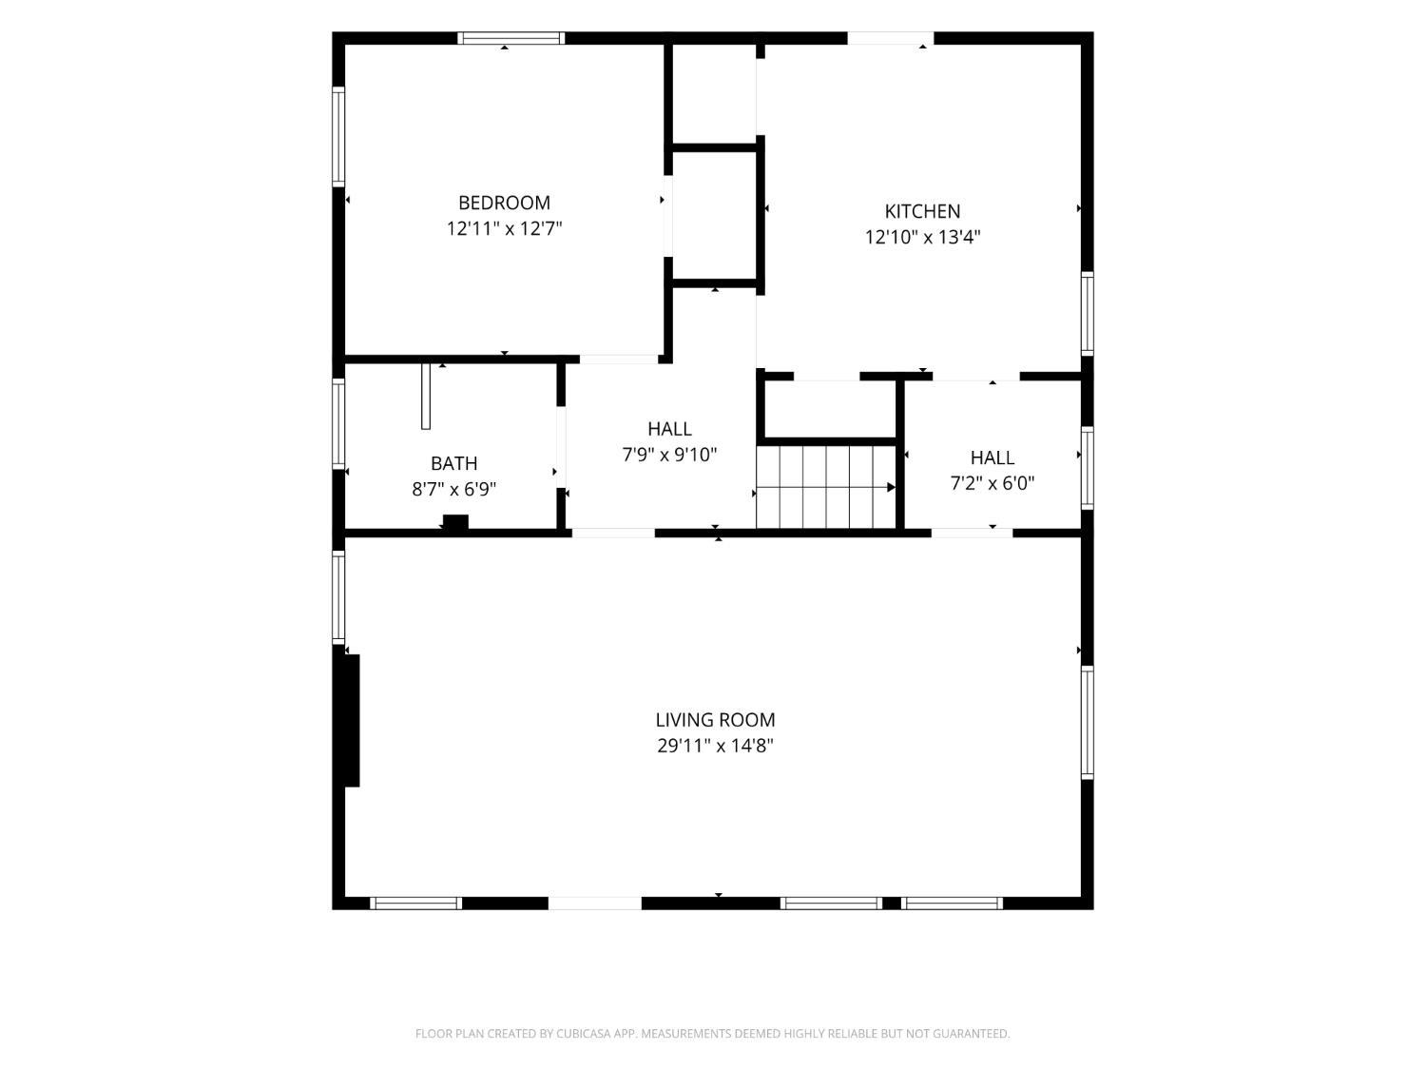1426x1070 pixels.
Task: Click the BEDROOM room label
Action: pyautogui.click(x=504, y=204)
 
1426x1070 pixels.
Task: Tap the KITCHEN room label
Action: pyautogui.click(x=922, y=211)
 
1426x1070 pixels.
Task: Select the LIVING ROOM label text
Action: pyautogui.click(x=715, y=720)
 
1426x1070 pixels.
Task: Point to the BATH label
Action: pyautogui.click(x=453, y=463)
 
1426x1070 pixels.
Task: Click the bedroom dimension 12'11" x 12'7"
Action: pyautogui.click(x=504, y=228)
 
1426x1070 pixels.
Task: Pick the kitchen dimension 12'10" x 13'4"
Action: pyautogui.click(x=922, y=237)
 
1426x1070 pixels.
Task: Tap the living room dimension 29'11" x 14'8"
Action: pyautogui.click(x=715, y=746)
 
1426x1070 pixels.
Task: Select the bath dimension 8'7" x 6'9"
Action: pyautogui.click(x=453, y=489)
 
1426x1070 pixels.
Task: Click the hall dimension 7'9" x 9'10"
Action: pyautogui.click(x=669, y=455)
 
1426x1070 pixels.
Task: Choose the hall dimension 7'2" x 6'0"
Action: pyautogui.click(x=992, y=483)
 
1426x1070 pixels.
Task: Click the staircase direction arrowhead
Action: pyautogui.click(x=892, y=487)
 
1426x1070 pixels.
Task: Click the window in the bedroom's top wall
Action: pyautogui.click(x=511, y=38)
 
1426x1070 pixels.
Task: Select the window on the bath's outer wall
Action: pyautogui.click(x=338, y=423)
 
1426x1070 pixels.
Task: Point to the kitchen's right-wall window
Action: pyautogui.click(x=1087, y=315)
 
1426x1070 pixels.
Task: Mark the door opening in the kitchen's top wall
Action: pyautogui.click(x=891, y=38)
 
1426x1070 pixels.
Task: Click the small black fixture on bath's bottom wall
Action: pyautogui.click(x=455, y=521)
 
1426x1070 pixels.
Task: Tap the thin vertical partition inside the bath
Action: pyautogui.click(x=426, y=397)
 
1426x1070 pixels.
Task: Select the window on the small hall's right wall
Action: pyautogui.click(x=1087, y=468)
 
